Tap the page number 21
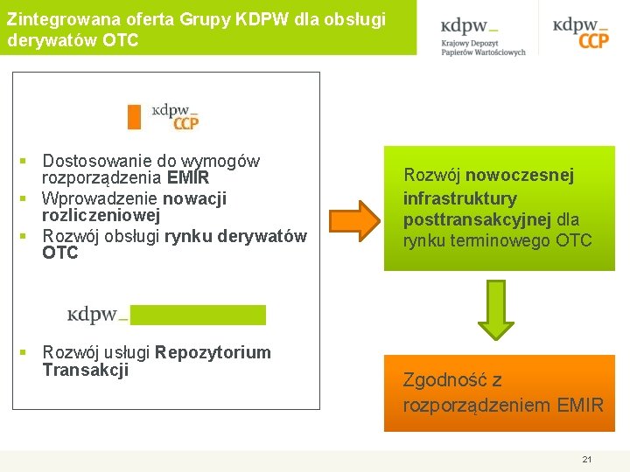[x=587, y=459]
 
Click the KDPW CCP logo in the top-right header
[x=581, y=32]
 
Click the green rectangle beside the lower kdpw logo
[x=199, y=315]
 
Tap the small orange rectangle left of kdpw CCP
[x=134, y=116]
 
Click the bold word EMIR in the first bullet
[x=188, y=178]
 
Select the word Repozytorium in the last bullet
[x=213, y=352]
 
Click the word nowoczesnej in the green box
[x=532, y=176]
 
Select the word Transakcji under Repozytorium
[x=86, y=370]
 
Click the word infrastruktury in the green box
[x=459, y=198]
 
